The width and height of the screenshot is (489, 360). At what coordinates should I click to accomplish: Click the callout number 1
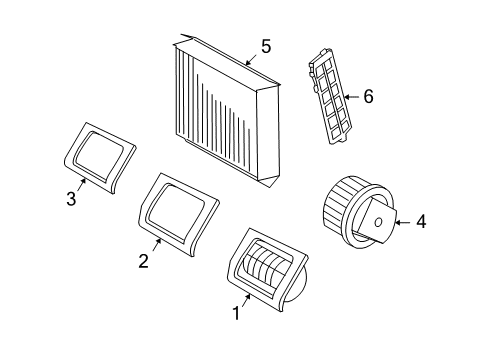tap(236, 313)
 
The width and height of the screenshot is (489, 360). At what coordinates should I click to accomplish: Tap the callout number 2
tap(143, 261)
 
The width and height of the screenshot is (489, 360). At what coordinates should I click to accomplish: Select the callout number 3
tap(71, 199)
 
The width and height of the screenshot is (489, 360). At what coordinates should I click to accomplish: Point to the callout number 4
tap(421, 222)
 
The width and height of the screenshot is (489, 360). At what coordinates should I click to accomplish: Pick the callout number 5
tap(266, 46)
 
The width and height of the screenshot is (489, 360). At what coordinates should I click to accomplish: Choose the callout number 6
tap(368, 97)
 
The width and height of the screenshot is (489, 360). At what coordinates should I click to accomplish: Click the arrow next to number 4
tap(403, 222)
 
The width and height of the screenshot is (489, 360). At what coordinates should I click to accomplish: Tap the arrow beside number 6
tap(351, 97)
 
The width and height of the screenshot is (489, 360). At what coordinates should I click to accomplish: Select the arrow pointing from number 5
tap(251, 59)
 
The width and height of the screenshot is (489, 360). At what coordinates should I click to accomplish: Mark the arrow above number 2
tap(157, 245)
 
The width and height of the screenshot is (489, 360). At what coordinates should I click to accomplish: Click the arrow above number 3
tap(82, 184)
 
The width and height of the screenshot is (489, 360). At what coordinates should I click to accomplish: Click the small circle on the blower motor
tap(378, 222)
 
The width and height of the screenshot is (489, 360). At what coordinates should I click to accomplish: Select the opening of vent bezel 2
tap(177, 213)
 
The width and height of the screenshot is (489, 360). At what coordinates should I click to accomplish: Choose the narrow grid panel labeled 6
tap(330, 97)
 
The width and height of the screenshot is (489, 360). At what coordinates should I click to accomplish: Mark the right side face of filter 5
tap(268, 134)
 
